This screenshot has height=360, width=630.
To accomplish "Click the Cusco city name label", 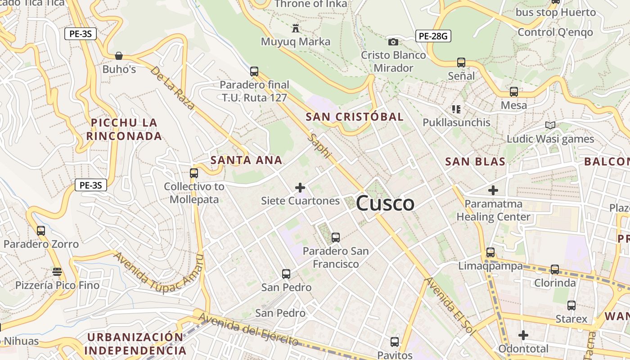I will click(385, 203).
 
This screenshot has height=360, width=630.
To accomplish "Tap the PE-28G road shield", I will click(433, 36).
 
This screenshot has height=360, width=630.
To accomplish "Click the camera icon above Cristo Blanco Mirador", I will click(393, 42).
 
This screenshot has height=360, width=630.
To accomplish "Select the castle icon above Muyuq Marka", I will click(296, 28).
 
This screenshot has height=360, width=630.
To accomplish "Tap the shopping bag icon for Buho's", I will click(119, 56).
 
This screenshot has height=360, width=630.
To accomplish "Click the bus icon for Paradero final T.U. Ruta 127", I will click(254, 71).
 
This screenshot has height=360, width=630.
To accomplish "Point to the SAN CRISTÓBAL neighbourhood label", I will click(355, 117).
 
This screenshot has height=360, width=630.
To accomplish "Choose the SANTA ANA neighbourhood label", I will click(247, 160).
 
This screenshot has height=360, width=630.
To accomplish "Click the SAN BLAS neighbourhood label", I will click(475, 162).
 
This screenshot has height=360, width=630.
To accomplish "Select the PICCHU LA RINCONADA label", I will click(124, 129).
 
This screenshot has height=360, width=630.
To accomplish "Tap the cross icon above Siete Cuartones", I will click(300, 187).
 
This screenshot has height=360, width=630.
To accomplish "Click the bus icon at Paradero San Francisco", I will click(335, 237).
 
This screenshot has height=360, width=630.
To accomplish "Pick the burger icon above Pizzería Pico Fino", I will click(57, 271).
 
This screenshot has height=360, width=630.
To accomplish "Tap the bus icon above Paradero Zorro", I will click(41, 230).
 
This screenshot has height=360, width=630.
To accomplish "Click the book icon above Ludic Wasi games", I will click(550, 125).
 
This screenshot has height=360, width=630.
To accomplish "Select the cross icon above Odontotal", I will click(523, 335).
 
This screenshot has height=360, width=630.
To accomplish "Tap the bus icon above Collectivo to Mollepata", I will click(194, 173).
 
